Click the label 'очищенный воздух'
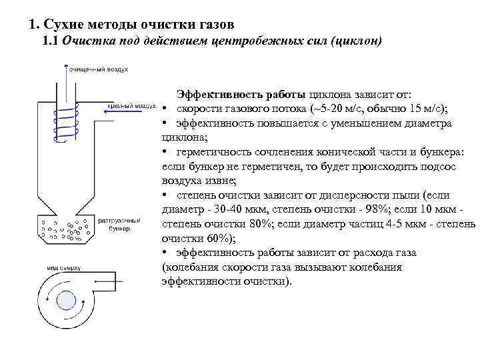pyautogui.click(x=100, y=68)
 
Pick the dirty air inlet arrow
pyautogui.click(x=123, y=113)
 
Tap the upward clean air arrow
pyautogui.click(x=65, y=77)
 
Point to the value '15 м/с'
pyautogui.click(x=428, y=109)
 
